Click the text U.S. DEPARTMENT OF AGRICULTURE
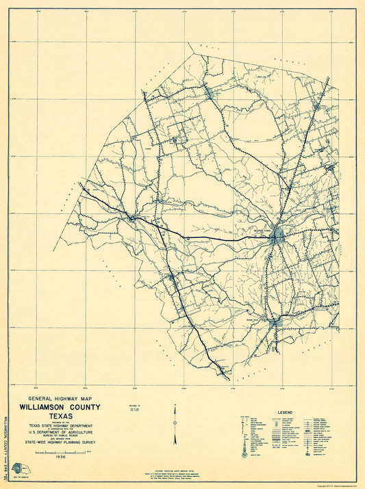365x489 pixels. tap(59, 433)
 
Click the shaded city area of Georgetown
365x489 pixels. tap(277, 237)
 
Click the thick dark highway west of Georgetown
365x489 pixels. tap(205, 238)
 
